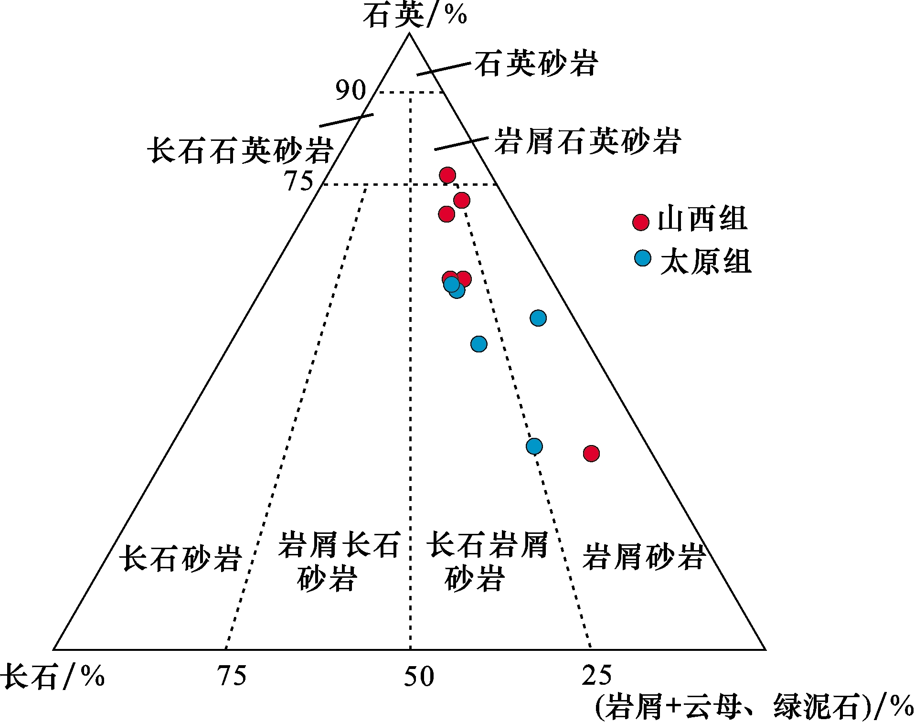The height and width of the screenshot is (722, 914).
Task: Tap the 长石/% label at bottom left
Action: [53, 676]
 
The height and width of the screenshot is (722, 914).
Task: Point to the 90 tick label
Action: [351, 90]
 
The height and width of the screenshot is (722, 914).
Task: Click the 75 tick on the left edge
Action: [299, 181]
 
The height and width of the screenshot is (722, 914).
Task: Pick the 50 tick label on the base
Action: [419, 677]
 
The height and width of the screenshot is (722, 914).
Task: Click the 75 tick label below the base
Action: [232, 676]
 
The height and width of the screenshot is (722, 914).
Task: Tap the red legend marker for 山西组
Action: [641, 222]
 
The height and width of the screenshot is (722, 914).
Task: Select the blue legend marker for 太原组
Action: [643, 258]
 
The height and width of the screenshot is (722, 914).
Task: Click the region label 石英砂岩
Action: [536, 64]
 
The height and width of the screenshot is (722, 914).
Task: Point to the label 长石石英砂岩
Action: [240, 150]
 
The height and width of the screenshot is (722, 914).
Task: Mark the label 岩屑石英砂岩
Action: [587, 141]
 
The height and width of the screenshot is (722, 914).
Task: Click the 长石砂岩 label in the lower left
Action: [181, 558]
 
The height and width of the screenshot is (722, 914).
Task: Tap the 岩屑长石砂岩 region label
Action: [338, 562]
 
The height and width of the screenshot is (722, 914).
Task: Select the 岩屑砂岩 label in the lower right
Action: [644, 557]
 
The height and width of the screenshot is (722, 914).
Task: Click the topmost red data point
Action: [447, 175]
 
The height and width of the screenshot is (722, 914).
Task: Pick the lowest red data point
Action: [591, 453]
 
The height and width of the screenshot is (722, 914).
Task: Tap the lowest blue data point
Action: [534, 446]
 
